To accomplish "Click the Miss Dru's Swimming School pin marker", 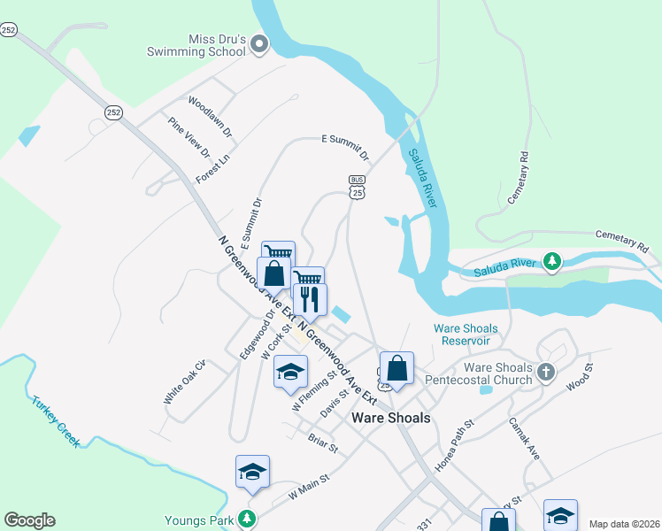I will pyautogui.click(x=259, y=44).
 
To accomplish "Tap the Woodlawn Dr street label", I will pyautogui.click(x=211, y=116).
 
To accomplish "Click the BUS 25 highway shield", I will pyautogui.click(x=357, y=186).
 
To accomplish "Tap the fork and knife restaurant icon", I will pyautogui.click(x=309, y=299).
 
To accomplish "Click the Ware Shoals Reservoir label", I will pyautogui.click(x=466, y=334).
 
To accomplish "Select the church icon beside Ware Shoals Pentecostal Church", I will pyautogui.click(x=545, y=373).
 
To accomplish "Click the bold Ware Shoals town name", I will pyautogui.click(x=391, y=418).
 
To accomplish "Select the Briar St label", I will pyautogui.click(x=322, y=442).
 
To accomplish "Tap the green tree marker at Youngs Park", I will pyautogui.click(x=250, y=519).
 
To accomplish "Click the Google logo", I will pyautogui.click(x=29, y=520).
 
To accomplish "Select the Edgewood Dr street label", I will pyautogui.click(x=258, y=334).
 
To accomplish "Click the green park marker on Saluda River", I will pyautogui.click(x=553, y=261).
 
